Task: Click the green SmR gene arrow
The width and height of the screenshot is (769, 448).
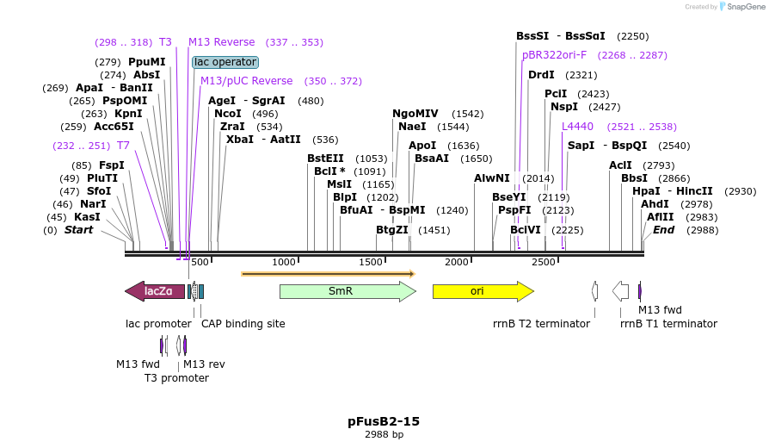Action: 347,291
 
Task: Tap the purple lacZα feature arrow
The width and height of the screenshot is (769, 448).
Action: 156,291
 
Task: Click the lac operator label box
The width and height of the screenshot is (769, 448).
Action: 225,62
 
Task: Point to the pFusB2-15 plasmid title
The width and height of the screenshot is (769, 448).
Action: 384,421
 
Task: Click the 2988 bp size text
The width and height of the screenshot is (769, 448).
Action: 384,435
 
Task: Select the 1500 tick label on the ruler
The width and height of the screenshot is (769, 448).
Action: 371,262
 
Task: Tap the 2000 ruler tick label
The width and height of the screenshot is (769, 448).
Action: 457,262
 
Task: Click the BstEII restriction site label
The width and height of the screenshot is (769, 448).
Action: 325,159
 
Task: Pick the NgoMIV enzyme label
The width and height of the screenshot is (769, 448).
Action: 415,114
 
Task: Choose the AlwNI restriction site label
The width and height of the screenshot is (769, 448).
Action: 492,178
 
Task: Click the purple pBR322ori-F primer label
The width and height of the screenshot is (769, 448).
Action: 554,55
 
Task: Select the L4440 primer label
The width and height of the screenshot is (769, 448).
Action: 577,127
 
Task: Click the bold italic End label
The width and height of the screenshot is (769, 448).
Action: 663,230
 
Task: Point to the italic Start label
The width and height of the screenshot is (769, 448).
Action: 78,230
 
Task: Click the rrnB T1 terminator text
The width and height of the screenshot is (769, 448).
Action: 668,324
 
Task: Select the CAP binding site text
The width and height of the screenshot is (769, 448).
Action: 243,324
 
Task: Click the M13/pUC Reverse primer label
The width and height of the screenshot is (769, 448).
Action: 246,81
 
